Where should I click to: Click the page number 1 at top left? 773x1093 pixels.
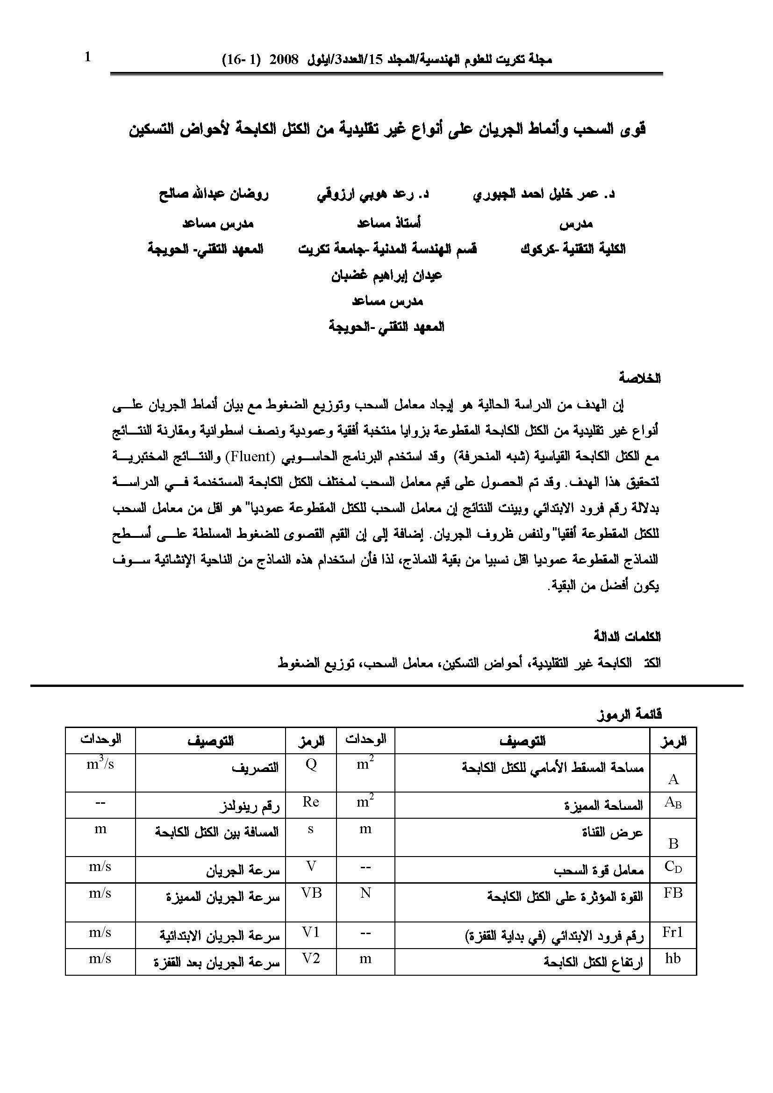click(87, 57)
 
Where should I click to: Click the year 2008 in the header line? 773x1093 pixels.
click(284, 60)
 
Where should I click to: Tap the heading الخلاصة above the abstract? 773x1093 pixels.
click(640, 379)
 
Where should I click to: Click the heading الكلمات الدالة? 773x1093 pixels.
click(627, 637)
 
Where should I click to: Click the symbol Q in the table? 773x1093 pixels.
click(311, 764)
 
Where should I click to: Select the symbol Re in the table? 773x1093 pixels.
click(311, 802)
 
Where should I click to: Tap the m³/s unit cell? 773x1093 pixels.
click(100, 764)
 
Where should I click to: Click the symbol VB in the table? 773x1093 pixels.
click(311, 893)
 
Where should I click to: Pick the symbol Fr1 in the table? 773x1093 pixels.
click(673, 932)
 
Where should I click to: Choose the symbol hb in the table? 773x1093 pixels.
click(673, 958)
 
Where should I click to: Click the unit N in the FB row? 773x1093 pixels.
click(365, 893)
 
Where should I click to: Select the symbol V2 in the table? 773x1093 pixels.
click(311, 958)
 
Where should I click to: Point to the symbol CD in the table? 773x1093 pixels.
click(673, 867)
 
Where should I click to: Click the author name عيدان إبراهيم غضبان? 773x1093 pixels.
click(386, 276)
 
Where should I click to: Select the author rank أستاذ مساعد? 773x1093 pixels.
click(389, 223)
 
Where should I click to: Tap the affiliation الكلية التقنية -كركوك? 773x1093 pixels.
click(573, 249)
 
